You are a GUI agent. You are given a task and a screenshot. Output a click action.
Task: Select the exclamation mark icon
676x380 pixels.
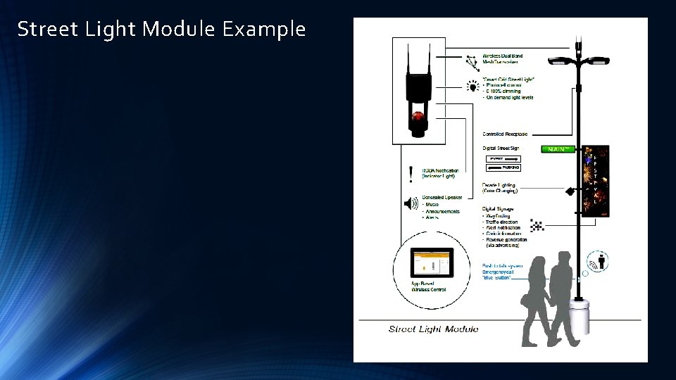(x=411, y=172)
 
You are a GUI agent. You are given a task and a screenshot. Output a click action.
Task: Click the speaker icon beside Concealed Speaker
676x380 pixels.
(x=411, y=204)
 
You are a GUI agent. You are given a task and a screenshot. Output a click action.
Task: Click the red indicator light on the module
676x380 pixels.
(x=418, y=115)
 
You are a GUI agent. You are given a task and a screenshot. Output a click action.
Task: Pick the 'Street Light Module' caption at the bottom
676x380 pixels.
(x=433, y=329)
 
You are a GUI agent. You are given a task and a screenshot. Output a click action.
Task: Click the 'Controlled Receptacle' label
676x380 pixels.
(x=505, y=134)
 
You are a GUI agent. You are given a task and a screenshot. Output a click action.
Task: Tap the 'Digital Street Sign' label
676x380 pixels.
(x=501, y=148)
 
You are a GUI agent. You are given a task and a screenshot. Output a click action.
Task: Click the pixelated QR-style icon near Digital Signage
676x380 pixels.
(x=537, y=225)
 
